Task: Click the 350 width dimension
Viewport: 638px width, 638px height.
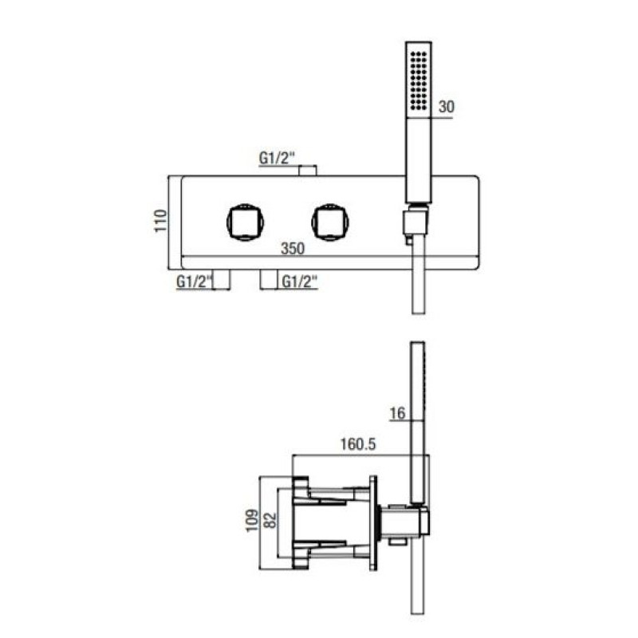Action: pos(293,248)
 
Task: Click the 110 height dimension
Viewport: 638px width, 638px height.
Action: pos(160,221)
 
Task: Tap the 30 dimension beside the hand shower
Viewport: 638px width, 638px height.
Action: pos(446,107)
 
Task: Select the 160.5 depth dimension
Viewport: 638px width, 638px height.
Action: pos(358,444)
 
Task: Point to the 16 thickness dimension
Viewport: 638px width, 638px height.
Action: pos(397,413)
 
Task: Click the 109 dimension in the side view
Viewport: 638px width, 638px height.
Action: pos(252,520)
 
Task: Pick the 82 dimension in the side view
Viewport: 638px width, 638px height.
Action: pos(270,520)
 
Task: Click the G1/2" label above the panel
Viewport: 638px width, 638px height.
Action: pos(277,158)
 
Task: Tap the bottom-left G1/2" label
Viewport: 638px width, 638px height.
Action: pos(195,282)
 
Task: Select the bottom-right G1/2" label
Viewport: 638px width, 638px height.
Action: pos(300,282)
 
